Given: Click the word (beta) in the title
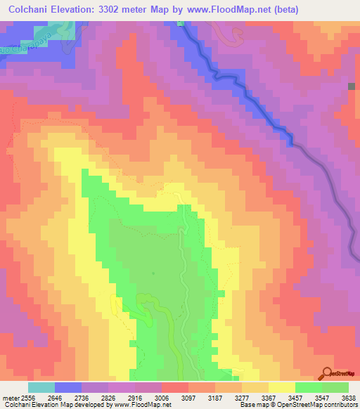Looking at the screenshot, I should pos(282,10).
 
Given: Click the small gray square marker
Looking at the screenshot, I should pos(352,86).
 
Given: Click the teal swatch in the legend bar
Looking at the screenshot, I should pos(41,387).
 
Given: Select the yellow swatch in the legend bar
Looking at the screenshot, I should pos(281,387).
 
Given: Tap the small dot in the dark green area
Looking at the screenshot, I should pos(152,273).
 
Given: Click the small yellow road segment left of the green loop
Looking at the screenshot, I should pos(115,304).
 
